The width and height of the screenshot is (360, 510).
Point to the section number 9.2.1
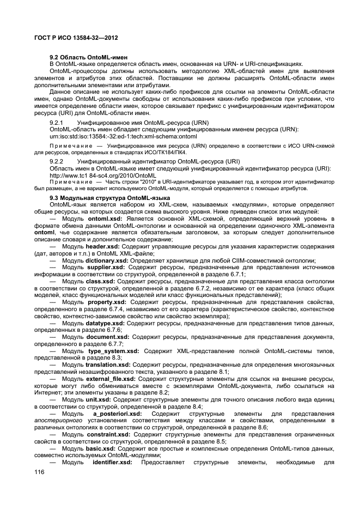(57, 123)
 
